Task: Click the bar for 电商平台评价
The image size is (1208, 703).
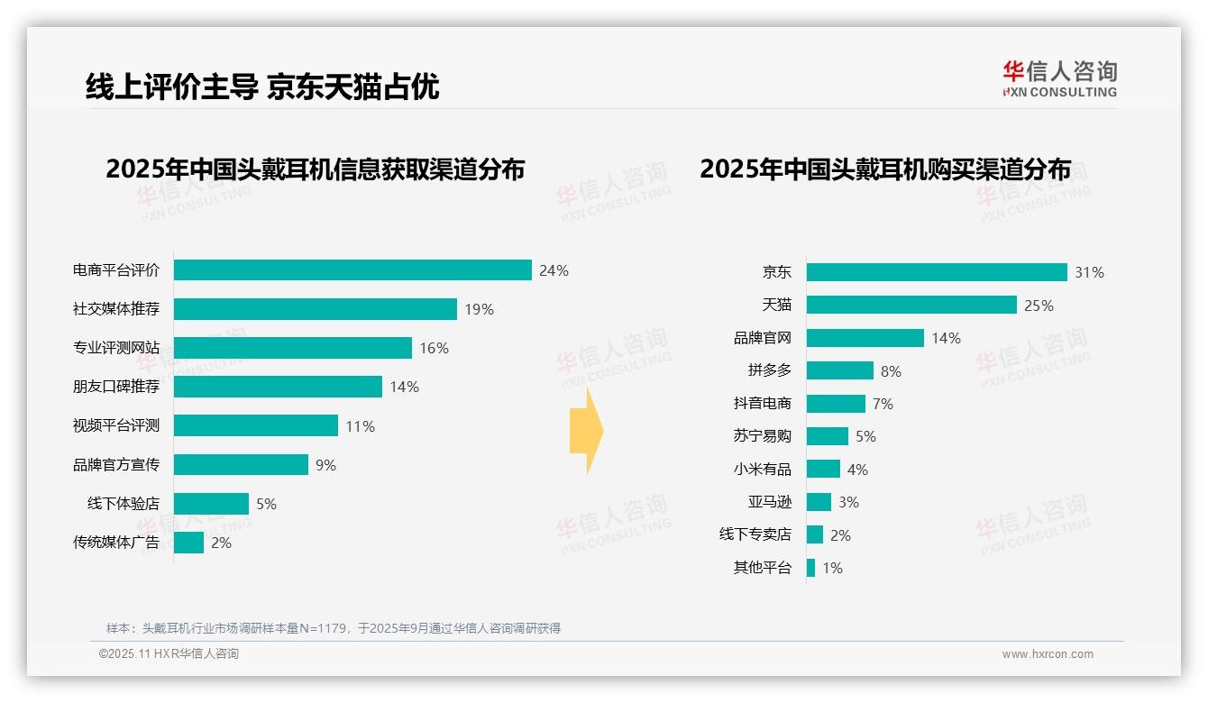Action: pos(352,270)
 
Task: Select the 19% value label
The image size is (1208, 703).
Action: pos(480,309)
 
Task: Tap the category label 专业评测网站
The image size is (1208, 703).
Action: pos(116,348)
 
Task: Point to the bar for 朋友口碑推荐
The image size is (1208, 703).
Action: pos(278,387)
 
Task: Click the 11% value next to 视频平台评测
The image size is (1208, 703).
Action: pos(360,426)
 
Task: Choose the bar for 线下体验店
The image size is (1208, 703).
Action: pos(211,504)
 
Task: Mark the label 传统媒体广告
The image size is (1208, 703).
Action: pos(116,543)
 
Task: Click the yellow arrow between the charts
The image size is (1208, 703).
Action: pos(586,431)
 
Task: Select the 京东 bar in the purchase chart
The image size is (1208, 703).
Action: pos(937,272)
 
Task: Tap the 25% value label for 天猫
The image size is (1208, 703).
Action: pos(1039,306)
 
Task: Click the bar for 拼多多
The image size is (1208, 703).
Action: pos(840,370)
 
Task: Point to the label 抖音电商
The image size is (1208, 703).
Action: pos(763,404)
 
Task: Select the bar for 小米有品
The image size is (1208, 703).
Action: pos(823,470)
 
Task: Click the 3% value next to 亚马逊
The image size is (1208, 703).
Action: pos(848,502)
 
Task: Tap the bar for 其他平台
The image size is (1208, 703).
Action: pos(810,568)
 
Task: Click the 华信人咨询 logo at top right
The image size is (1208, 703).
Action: pos(1059,78)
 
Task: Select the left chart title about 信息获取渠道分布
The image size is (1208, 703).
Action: pos(315,169)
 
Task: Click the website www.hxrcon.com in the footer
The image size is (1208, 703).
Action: pos(1048,654)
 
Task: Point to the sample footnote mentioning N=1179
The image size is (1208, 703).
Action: pos(334,628)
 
